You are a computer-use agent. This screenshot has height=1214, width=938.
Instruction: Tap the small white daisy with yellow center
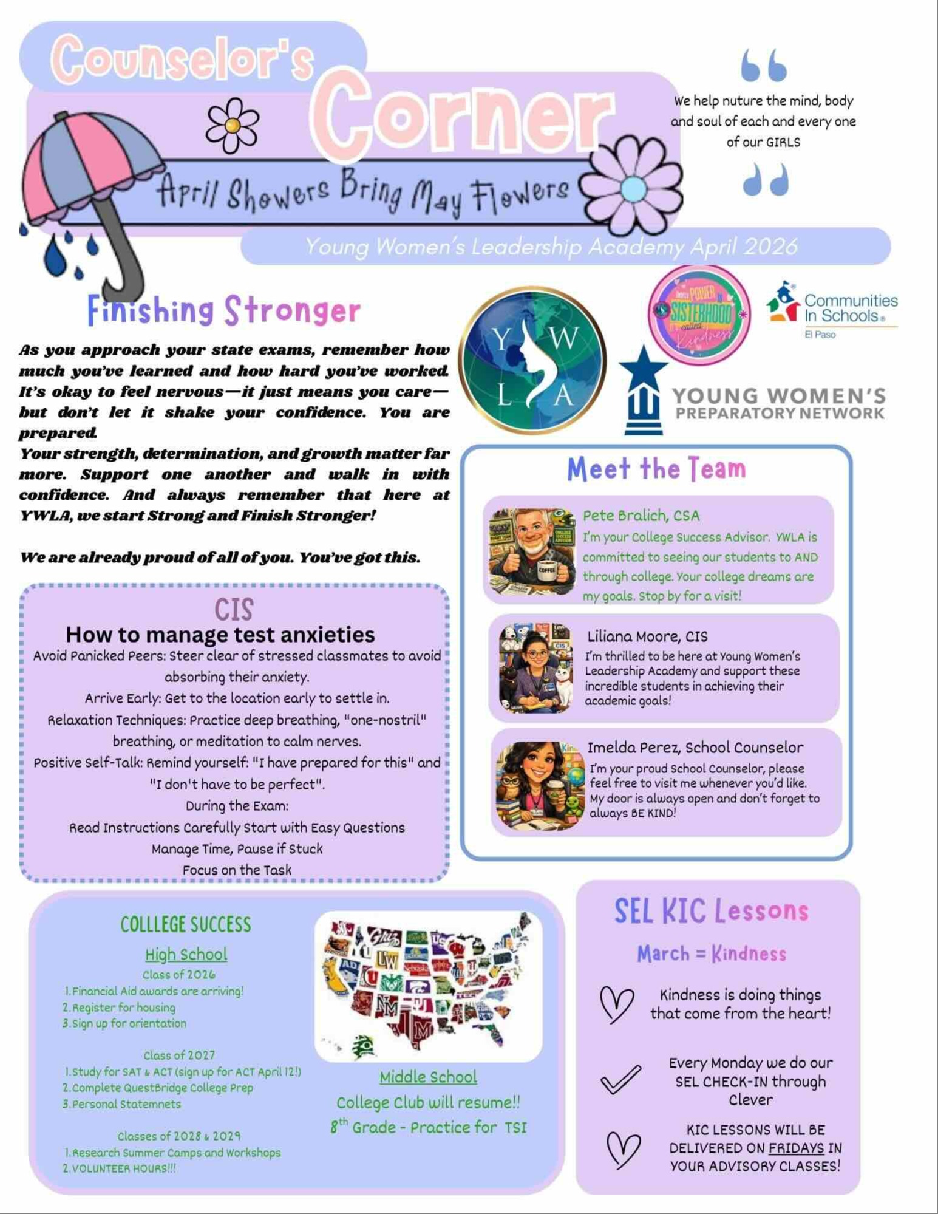[232, 126]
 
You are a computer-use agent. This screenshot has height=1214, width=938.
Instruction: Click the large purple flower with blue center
[633, 188]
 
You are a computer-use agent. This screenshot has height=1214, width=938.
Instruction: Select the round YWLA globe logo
[532, 361]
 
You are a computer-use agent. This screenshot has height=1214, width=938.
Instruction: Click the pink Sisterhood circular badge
[699, 315]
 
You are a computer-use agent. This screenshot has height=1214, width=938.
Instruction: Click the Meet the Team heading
[656, 469]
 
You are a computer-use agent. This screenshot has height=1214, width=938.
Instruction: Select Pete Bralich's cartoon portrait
[532, 552]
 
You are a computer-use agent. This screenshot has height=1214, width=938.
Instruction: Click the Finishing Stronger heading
[223, 310]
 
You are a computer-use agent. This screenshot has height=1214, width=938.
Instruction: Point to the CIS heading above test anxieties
[234, 609]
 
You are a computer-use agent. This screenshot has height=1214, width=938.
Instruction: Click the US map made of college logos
[427, 985]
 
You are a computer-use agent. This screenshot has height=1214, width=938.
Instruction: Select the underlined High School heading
[186, 954]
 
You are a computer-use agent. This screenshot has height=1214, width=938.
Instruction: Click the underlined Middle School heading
[428, 1077]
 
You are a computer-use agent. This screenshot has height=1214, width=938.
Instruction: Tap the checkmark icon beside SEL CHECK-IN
[620, 1080]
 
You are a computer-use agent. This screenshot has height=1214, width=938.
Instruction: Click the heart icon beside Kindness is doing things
[616, 1003]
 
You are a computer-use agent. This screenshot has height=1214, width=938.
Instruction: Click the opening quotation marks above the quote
[764, 66]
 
